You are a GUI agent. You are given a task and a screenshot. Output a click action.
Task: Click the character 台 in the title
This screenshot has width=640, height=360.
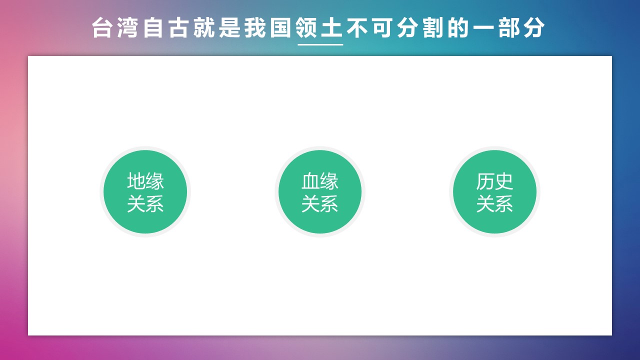(102, 28)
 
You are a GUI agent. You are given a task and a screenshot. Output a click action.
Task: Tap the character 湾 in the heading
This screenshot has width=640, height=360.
(127, 28)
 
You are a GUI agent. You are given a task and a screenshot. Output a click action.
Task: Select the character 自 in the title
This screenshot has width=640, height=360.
(153, 28)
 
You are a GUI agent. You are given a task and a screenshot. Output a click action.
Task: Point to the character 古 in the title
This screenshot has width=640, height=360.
(178, 28)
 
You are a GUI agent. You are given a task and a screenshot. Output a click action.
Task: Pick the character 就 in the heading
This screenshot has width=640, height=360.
(204, 28)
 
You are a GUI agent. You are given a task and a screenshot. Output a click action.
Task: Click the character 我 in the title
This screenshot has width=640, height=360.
(255, 28)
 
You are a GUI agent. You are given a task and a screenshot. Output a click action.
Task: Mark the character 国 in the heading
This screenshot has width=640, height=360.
(280, 28)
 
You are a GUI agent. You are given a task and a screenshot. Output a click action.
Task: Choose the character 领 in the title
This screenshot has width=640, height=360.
(306, 28)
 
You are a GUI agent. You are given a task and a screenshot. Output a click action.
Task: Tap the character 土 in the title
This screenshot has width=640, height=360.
(331, 28)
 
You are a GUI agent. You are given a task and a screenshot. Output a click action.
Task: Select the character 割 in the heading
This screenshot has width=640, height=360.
(433, 28)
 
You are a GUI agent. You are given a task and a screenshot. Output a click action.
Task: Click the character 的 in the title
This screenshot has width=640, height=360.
(459, 28)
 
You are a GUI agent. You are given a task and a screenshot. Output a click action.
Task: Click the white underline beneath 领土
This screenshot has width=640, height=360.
(320, 44)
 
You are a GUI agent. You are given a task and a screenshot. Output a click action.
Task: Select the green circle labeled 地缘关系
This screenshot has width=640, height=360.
(145, 191)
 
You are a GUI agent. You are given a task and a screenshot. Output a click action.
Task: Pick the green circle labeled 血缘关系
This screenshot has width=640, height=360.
(320, 191)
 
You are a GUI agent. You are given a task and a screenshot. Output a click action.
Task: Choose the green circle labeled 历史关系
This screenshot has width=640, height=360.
(494, 191)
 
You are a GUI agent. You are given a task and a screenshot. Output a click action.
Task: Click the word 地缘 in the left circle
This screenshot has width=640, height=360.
(145, 181)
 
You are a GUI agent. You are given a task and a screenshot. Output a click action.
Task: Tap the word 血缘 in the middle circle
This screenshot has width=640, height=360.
(320, 181)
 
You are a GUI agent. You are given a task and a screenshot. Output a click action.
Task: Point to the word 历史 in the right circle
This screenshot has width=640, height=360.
(494, 181)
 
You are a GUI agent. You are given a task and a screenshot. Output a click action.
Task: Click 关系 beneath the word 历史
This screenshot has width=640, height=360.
(494, 203)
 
